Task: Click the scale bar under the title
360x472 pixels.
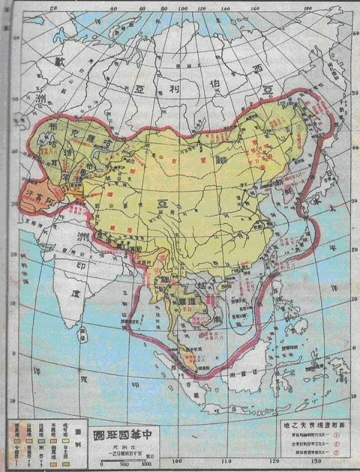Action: point(125,458)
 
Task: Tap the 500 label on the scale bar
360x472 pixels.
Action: point(124,463)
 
